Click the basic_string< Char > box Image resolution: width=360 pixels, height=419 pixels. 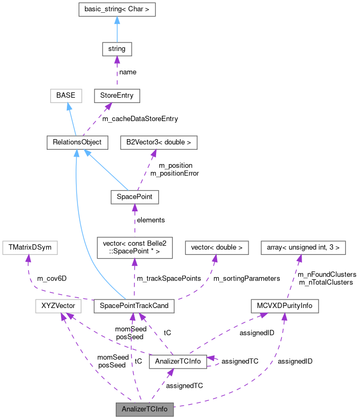[117, 10]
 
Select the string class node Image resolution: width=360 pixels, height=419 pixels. [117, 49]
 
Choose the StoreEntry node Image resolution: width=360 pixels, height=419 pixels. [117, 96]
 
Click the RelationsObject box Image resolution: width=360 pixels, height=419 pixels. [76, 142]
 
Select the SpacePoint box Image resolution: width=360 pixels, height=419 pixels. [135, 197]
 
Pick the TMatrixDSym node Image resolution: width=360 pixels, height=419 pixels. [29, 247]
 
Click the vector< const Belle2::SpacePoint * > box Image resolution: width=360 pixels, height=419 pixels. [134, 247]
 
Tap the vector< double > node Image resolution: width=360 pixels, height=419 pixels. [216, 247]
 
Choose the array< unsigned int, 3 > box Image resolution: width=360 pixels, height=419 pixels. [303, 247]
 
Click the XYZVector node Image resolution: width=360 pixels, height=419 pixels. [58, 306]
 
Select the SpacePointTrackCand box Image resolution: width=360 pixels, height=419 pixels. [134, 306]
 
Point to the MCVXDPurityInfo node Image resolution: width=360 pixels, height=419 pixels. [285, 306]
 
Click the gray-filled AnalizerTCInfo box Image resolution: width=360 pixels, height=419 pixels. [144, 409]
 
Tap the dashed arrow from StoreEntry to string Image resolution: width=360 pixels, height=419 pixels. [117, 72]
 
